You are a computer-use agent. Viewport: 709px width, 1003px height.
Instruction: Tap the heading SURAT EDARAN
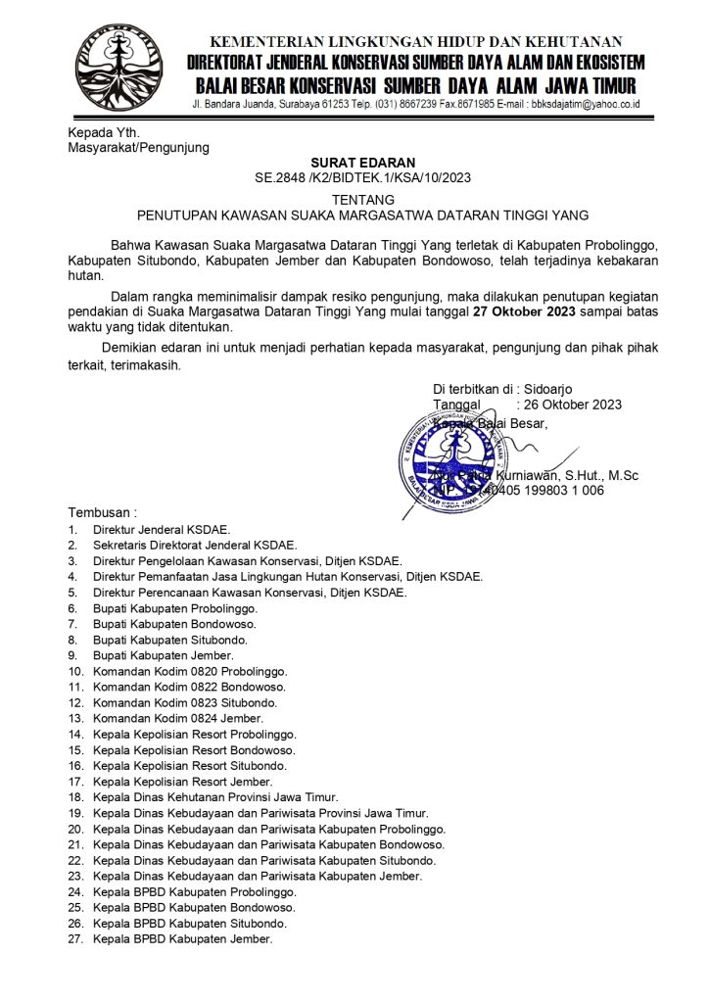click(363, 163)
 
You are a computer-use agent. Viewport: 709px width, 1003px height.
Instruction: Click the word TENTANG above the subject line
click(363, 198)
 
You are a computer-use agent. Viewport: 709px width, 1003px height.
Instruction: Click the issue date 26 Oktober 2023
click(569, 405)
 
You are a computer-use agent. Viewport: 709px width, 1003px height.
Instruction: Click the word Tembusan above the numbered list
click(102, 512)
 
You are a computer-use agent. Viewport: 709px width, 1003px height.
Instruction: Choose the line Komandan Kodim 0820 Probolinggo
click(189, 671)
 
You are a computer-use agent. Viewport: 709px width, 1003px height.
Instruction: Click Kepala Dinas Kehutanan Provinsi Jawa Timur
click(215, 797)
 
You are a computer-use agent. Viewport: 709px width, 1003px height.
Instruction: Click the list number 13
click(75, 718)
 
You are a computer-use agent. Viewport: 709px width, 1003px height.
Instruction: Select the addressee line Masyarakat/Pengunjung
click(138, 148)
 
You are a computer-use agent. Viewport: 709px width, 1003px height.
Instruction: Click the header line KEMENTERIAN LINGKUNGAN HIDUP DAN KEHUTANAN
click(415, 42)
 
